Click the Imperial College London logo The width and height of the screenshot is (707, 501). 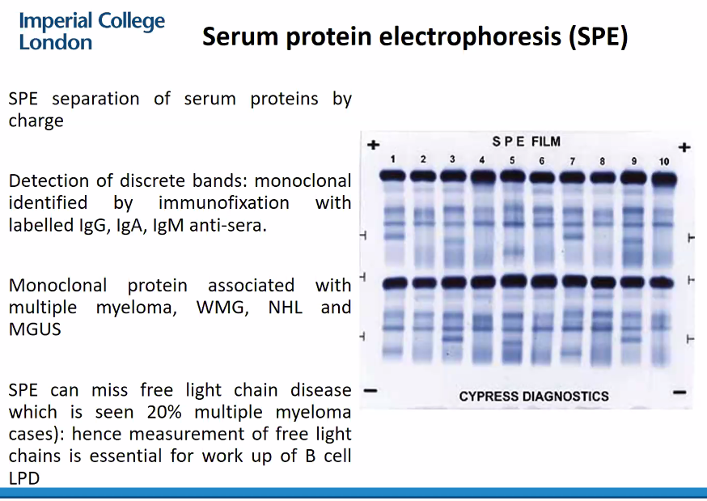[91, 31]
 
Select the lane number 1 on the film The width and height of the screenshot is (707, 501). [392, 159]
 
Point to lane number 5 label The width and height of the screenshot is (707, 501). [512, 160]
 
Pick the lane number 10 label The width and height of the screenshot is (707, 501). [663, 161]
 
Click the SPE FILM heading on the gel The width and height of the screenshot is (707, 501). [527, 142]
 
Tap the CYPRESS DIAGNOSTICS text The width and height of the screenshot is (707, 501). [534, 397]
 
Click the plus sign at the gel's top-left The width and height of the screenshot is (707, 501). [373, 146]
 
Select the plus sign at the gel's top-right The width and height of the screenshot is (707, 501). [684, 147]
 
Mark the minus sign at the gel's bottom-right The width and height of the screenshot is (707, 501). [679, 392]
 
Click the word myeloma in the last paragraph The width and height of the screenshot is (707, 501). [312, 412]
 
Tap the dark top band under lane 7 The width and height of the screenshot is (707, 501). [573, 176]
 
